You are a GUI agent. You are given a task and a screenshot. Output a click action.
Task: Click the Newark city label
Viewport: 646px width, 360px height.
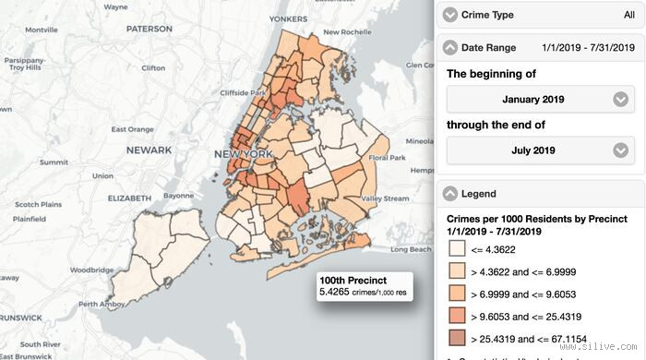150,150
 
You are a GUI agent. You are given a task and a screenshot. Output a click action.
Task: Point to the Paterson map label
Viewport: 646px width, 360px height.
150,29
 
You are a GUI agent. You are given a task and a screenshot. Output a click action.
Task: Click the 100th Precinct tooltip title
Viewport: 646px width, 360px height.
353,281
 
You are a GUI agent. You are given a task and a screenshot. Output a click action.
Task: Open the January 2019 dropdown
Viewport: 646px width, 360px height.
540,100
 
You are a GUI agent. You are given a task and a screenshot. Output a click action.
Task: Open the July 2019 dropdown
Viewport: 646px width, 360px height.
540,150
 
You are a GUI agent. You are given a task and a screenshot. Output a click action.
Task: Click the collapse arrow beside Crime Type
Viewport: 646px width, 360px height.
450,15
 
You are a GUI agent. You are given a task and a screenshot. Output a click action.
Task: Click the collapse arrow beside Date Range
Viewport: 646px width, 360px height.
450,47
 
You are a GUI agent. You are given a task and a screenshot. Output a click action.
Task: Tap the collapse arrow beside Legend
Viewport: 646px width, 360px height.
450,194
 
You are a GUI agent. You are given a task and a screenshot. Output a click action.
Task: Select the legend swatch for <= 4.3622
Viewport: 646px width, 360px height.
457,248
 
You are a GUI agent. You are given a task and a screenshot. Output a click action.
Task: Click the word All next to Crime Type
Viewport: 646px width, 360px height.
628,15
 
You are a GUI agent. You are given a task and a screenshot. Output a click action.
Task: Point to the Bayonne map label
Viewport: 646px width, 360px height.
178,196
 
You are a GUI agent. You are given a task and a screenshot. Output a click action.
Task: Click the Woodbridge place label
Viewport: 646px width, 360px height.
91,270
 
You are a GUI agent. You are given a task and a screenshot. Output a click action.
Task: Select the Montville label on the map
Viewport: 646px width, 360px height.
41,30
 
